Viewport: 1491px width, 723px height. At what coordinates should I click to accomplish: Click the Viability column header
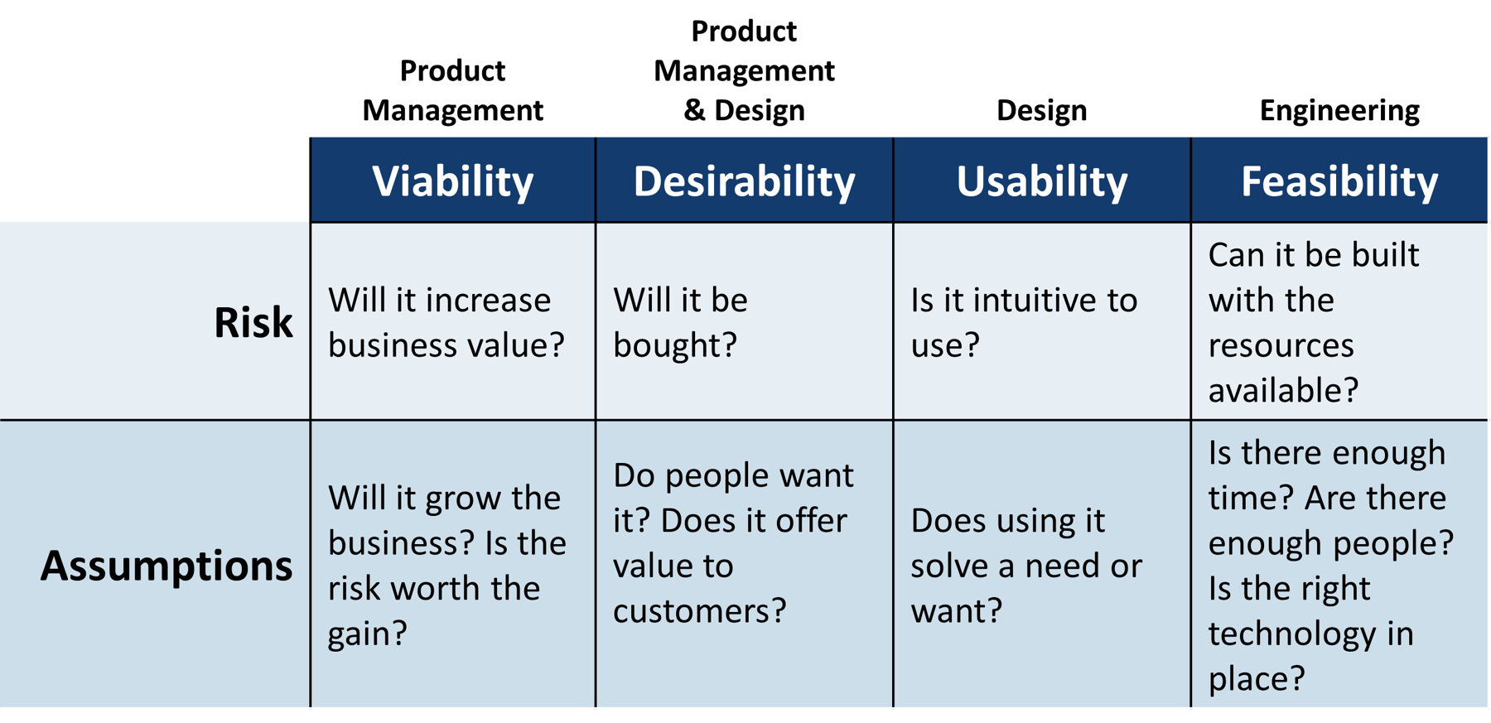[452, 181]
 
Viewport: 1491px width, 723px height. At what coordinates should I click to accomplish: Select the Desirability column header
[744, 181]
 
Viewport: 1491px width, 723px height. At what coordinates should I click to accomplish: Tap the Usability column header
[1041, 181]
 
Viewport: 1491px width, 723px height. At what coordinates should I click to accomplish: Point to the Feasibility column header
[1339, 181]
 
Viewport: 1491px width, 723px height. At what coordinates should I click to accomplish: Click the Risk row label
[253, 322]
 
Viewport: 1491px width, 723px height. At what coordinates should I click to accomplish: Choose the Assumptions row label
[166, 566]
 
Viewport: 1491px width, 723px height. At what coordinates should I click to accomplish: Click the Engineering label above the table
[1339, 110]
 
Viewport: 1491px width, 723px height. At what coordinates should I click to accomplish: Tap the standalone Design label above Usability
[1041, 110]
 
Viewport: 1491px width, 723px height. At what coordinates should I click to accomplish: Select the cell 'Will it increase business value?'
[446, 322]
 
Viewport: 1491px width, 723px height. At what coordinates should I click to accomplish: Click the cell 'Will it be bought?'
[679, 322]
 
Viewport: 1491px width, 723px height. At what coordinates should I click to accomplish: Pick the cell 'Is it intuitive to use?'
[1023, 322]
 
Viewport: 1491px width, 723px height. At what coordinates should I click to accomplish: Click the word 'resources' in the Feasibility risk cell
[1281, 345]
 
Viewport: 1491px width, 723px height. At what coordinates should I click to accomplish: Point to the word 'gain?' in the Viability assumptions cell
[368, 634]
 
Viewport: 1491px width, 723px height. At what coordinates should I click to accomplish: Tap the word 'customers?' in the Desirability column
[699, 611]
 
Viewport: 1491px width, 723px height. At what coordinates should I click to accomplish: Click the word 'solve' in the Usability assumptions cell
[949, 566]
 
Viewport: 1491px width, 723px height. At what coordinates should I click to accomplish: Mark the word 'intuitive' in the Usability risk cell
[1024, 300]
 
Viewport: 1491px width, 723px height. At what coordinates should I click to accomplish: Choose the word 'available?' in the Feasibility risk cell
[1283, 390]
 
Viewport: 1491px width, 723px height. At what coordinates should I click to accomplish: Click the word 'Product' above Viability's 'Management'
[452, 70]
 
